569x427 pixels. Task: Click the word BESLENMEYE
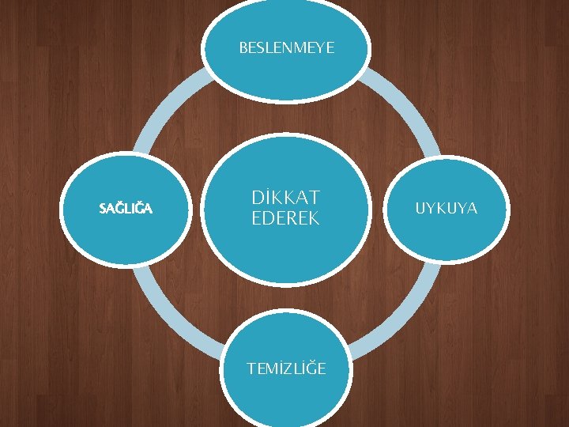[x=286, y=48]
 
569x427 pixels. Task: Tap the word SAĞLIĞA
[x=126, y=209]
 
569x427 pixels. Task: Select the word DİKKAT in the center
[x=285, y=197]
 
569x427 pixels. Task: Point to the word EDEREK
[x=285, y=219]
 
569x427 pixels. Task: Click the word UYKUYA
[x=446, y=208]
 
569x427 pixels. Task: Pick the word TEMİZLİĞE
[x=286, y=368]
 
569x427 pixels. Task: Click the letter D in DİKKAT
[x=258, y=197]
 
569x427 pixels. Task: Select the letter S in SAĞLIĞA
[x=104, y=209]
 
